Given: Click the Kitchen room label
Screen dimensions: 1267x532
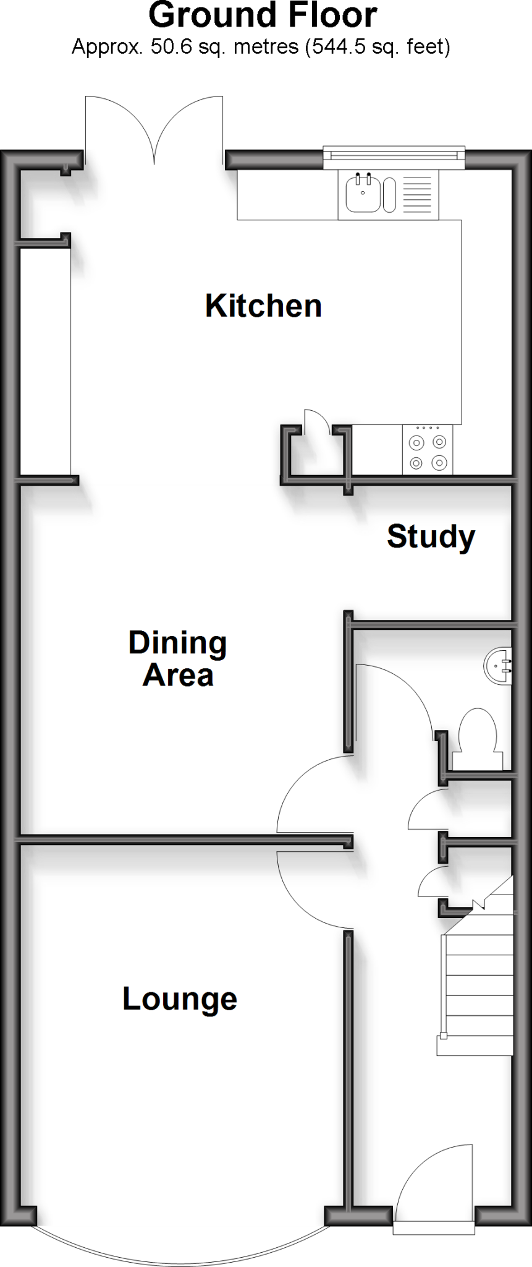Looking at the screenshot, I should click(263, 306).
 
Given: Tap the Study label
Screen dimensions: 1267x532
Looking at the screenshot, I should click(431, 536).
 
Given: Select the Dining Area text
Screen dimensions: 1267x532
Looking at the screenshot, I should click(178, 659).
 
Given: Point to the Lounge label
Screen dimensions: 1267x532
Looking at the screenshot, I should click(180, 999).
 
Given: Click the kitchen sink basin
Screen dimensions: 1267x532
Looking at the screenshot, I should click(360, 193).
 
